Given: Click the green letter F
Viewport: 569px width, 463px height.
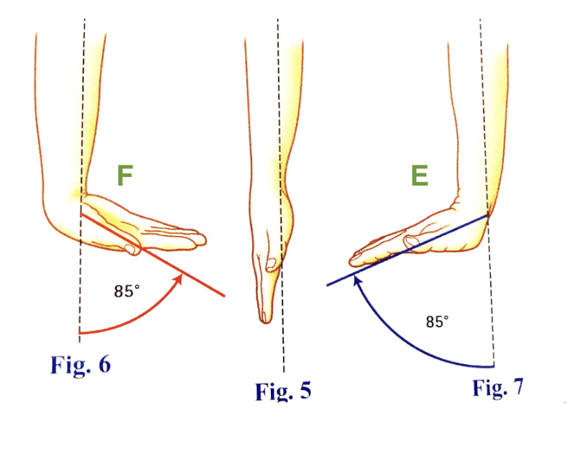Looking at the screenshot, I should pos(125,176).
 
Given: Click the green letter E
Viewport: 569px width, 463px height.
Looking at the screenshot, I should pos(419,176).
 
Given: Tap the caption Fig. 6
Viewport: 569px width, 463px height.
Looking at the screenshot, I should pos(80,365).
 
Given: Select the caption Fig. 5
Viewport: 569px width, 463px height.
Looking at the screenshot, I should pos(283,391).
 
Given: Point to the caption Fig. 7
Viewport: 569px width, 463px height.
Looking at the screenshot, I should pos(497,388).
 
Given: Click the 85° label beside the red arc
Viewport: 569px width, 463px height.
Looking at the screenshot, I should pos(125,291).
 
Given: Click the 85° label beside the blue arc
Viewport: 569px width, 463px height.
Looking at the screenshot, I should pos(437,322).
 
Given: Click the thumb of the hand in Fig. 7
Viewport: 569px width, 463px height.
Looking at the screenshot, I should pos(413,242).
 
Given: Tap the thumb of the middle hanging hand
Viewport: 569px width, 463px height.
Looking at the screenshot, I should pos(272,263).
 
